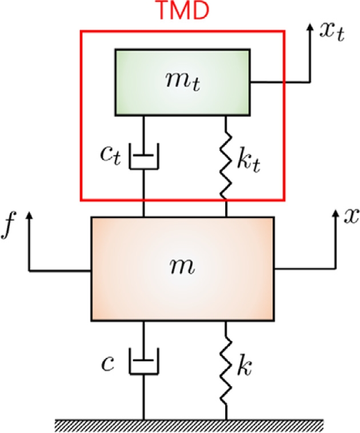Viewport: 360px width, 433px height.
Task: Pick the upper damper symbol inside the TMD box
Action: pos(143,157)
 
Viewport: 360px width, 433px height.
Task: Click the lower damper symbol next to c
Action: pos(143,363)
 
